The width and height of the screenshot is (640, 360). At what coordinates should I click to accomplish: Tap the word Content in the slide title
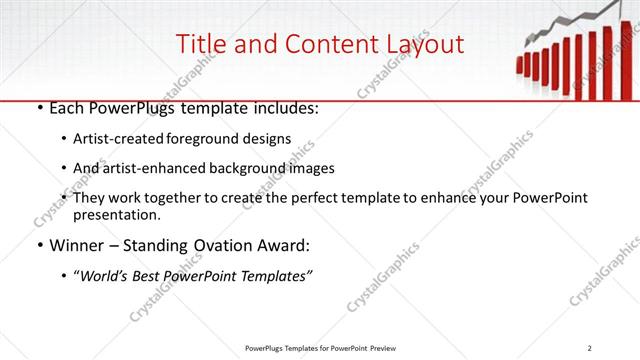(320, 44)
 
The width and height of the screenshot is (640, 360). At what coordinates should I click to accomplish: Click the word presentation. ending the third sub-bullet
(116, 215)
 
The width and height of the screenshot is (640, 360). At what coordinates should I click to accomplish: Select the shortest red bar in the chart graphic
(520, 65)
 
